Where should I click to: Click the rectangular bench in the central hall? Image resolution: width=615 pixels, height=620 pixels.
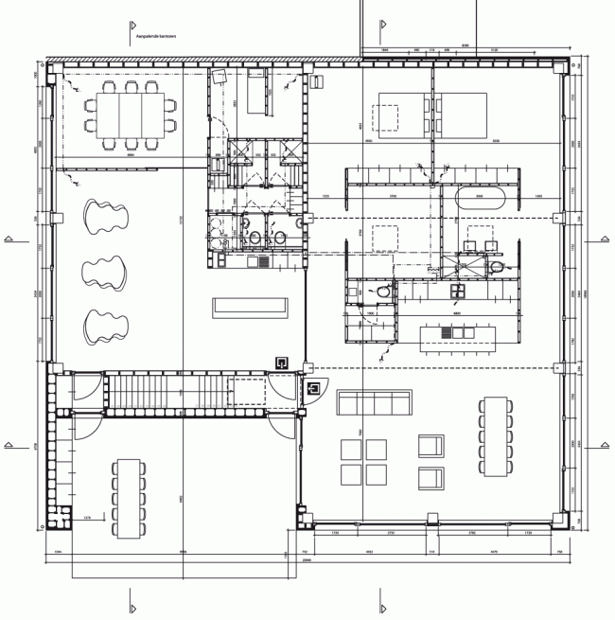pos(249,306)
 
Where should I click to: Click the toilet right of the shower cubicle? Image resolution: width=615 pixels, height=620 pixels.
pos(381,292)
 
